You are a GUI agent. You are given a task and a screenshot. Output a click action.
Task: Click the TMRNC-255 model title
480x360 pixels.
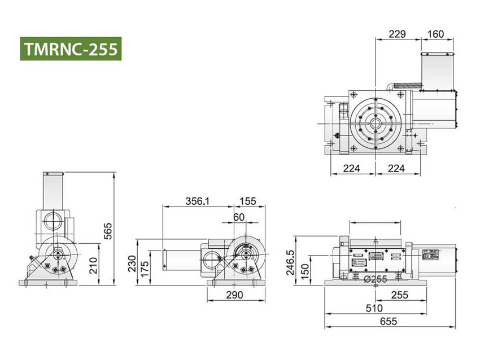[71, 49]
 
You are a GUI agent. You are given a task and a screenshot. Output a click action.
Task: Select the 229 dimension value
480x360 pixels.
[398, 34]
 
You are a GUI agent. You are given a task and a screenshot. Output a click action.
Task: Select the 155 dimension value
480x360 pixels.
[247, 201]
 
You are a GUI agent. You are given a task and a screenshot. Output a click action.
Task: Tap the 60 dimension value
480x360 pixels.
[239, 217]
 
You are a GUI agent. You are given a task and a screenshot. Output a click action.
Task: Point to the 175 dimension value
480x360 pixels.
[145, 268]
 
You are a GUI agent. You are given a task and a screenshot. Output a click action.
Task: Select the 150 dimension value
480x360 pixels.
[305, 271]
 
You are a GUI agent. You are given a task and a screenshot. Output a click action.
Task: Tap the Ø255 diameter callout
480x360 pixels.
[375, 279]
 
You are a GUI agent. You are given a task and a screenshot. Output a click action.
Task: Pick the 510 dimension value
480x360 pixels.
[374, 308]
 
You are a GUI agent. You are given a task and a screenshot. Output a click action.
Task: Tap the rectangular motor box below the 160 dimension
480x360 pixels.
[438, 72]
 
